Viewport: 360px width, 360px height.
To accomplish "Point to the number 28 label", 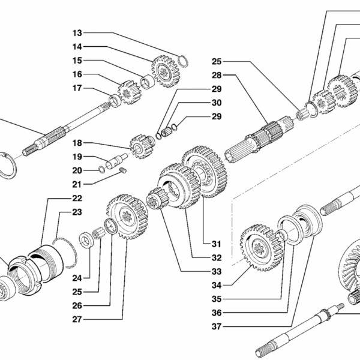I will (x=217, y=76).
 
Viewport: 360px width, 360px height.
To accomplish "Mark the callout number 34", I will (x=217, y=284).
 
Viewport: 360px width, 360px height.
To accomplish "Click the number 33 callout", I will (x=217, y=271).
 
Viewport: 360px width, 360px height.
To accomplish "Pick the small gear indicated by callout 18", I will (x=139, y=146).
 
